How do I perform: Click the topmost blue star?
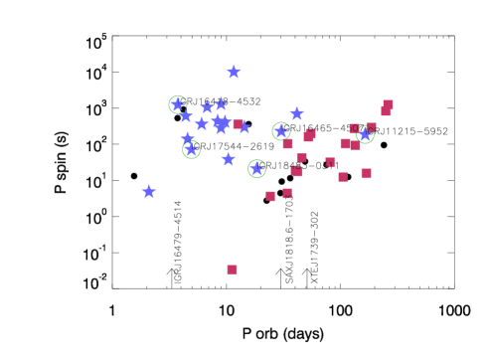234,72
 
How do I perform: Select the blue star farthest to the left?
149,192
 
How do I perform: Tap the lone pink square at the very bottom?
232,270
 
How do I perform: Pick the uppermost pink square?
388,104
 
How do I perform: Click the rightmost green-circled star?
365,134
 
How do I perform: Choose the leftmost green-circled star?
178,104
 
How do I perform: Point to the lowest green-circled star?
256,169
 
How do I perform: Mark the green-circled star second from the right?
281,131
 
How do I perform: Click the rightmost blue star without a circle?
296,113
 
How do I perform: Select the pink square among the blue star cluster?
238,124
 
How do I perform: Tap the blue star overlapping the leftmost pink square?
244,127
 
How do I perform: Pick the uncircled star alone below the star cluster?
229,159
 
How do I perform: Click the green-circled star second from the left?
192,150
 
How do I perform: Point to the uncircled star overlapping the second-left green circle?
188,139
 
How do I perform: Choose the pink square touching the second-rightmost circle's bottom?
287,144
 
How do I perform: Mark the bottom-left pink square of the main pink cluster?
270,196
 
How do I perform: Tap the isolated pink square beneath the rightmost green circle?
366,173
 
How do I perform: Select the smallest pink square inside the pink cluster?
330,161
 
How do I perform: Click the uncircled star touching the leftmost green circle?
186,115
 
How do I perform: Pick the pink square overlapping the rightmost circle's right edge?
371,127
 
